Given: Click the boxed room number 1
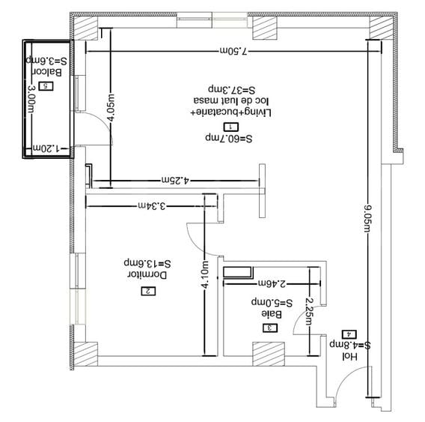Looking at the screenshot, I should (231, 127).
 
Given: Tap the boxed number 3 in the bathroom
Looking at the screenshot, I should (268, 328).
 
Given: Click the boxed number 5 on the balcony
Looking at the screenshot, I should (46, 86).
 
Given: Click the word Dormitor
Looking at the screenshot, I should (147, 275).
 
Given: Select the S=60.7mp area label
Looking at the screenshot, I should (229, 139).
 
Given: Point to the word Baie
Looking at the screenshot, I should (272, 316).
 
